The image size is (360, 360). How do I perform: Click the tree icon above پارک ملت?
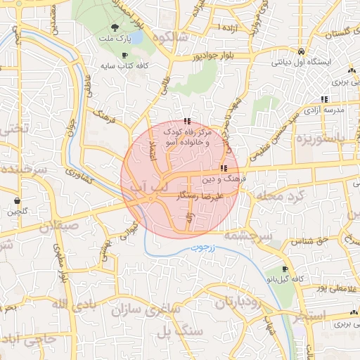point(105,27)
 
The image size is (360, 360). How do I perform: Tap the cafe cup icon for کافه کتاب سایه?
point(124,55)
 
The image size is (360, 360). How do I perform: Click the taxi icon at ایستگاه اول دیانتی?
point(301,52)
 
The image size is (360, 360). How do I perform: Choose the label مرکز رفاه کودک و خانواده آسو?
point(186,136)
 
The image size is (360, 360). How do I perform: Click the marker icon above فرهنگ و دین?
point(224,168)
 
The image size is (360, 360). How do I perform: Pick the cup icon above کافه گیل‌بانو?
point(285,269)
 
